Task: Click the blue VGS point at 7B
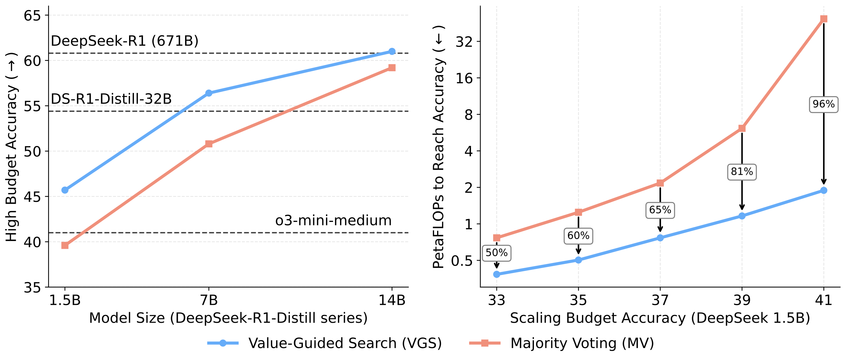click(209, 93)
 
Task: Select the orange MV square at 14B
click(392, 68)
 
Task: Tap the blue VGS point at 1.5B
click(65, 190)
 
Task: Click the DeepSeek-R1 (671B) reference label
click(125, 41)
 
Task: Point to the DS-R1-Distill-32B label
click(111, 99)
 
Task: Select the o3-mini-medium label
click(333, 221)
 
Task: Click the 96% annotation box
click(823, 104)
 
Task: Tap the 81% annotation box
click(742, 172)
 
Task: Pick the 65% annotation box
click(660, 210)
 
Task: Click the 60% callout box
click(578, 236)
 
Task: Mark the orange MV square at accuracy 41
click(823, 19)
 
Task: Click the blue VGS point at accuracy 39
click(742, 216)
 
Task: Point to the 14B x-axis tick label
click(392, 300)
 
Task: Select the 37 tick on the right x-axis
click(660, 300)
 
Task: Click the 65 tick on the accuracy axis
click(32, 16)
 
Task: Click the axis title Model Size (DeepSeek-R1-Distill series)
click(228, 318)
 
